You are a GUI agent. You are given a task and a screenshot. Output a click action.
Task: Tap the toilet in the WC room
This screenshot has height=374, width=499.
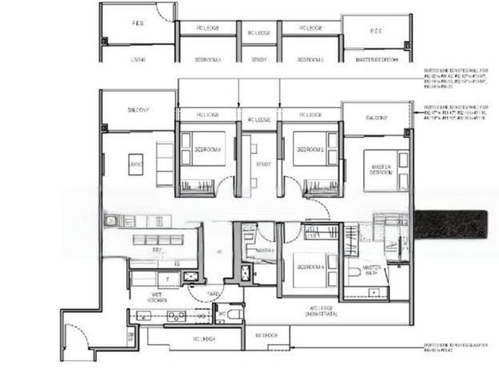point(233,314)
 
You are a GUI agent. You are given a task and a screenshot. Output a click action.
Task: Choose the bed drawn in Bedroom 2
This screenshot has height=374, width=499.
point(310,148)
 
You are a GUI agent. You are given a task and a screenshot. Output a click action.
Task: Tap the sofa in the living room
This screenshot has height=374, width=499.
point(165,164)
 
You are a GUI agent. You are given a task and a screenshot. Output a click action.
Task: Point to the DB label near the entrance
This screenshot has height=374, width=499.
point(131,336)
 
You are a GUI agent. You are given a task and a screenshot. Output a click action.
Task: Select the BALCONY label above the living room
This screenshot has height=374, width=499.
point(138,110)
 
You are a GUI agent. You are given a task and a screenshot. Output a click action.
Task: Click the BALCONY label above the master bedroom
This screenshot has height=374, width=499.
point(376,118)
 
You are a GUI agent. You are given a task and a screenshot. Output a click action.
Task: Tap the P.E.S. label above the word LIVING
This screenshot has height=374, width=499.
point(137,23)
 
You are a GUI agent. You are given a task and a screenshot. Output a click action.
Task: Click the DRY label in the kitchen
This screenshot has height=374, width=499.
point(157,250)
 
